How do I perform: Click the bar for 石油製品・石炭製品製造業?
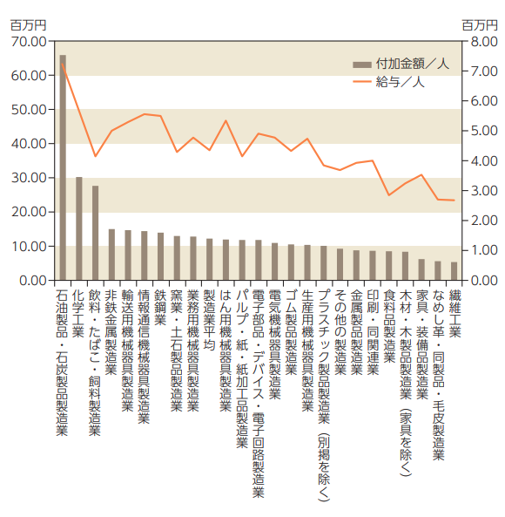tap(63, 167)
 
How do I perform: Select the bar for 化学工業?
tap(79, 228)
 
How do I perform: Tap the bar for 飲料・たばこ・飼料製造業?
tap(95, 233)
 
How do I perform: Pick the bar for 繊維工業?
tap(454, 271)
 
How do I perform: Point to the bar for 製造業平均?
tap(209, 260)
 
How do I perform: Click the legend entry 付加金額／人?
tap(401, 64)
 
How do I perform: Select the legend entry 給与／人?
tap(388, 81)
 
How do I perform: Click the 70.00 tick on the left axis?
tap(29, 42)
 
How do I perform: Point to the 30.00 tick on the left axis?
tap(29, 178)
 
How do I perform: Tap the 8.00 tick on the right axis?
tap(484, 42)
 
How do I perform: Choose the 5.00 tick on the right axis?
tap(484, 131)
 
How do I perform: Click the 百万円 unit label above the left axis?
tap(28, 25)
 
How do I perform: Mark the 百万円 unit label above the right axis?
tap(480, 25)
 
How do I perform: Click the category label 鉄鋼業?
tap(160, 307)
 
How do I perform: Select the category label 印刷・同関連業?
tap(373, 332)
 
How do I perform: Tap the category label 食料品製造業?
tap(389, 326)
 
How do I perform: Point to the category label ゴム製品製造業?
tap(291, 332)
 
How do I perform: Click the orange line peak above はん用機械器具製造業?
tap(226, 120)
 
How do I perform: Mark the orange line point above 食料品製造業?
tap(389, 195)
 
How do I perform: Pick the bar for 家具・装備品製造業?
tap(421, 269)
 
